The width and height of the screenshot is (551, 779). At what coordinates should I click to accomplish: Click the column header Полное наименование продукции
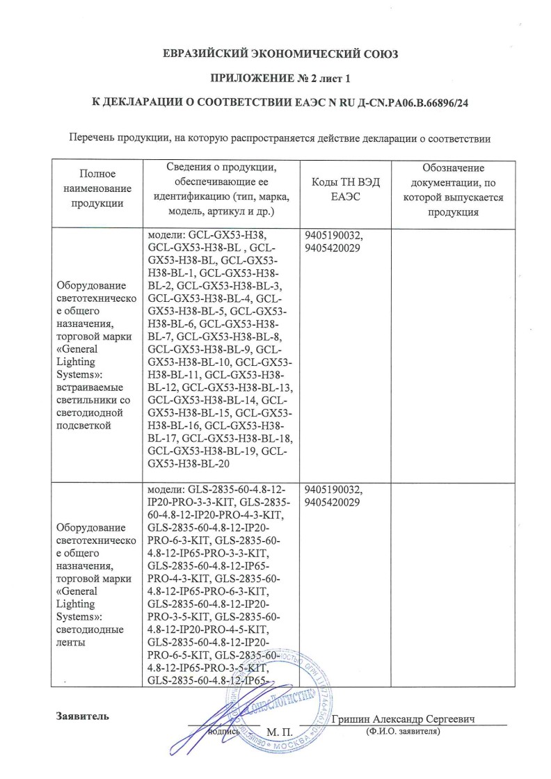97,188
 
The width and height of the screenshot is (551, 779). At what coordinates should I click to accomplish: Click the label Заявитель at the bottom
82,716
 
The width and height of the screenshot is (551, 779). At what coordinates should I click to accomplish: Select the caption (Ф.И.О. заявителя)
403,732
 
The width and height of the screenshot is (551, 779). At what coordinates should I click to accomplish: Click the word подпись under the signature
225,732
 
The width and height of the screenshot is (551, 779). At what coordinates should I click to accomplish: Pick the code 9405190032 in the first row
333,235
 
